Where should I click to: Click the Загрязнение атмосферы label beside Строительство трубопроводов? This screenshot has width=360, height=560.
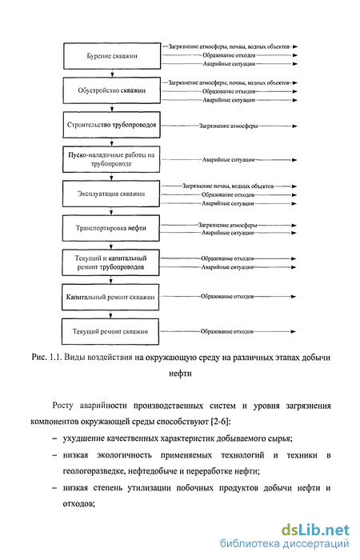click(228, 126)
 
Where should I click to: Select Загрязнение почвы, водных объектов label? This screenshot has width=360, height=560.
click(228, 186)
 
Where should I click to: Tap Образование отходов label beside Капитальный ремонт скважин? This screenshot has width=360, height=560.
click(226, 297)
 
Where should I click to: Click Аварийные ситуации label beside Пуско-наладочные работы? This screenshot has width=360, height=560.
click(228, 160)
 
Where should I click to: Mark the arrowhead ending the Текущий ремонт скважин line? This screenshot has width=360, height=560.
click(294, 332)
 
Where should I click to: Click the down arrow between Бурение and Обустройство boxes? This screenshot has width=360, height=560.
click(112, 74)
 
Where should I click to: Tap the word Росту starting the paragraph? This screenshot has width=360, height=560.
click(63, 406)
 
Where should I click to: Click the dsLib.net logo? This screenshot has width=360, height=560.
click(315, 530)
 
